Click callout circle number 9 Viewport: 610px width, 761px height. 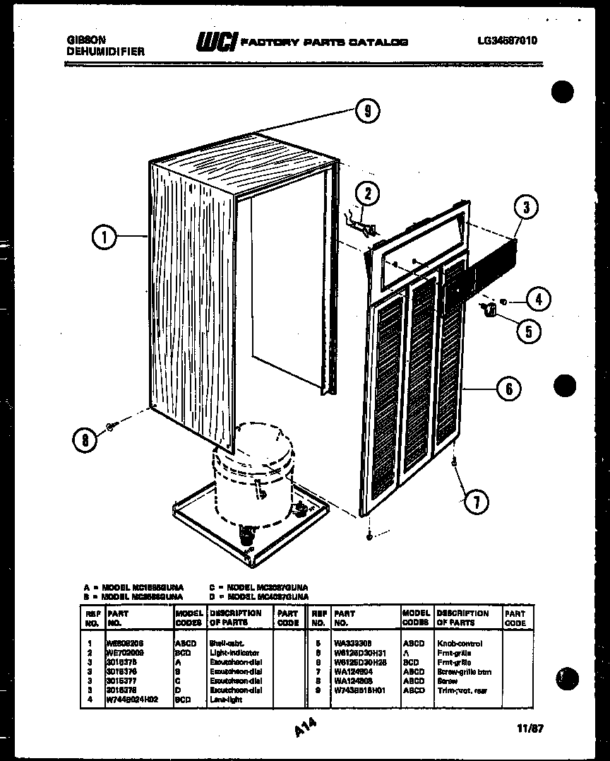pos(367,111)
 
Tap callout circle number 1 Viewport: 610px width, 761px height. pos(104,237)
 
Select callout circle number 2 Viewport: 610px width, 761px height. pos(367,194)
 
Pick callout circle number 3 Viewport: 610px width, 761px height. pos(526,208)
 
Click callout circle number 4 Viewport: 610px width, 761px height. pos(538,300)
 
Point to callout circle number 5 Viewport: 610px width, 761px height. pos(528,330)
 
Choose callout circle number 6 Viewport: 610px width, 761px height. pos(508,388)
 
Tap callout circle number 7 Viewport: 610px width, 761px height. pos(476,502)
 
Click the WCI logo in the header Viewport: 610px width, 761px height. pos(217,42)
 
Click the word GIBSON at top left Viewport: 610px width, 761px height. pos(83,40)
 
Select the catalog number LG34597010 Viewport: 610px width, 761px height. pos(507,41)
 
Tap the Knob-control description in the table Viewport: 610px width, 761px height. pos(460,644)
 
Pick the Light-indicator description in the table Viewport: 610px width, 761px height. pos(234,653)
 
